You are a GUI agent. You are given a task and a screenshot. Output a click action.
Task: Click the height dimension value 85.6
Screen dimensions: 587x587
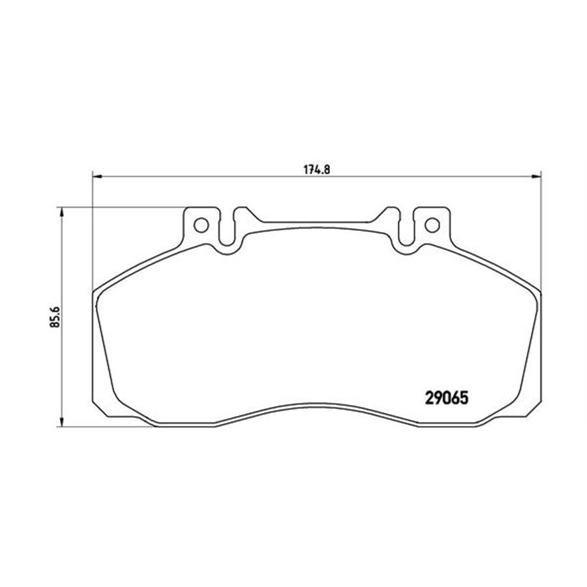click(x=55, y=317)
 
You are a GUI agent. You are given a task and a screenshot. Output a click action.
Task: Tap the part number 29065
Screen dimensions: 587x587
click(x=447, y=398)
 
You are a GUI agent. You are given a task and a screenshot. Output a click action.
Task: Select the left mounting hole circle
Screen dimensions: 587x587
click(x=201, y=225)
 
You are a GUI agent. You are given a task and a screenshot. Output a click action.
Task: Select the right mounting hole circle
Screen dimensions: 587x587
click(x=432, y=225)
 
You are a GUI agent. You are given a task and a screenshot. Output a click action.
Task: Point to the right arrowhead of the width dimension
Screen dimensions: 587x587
click(x=536, y=176)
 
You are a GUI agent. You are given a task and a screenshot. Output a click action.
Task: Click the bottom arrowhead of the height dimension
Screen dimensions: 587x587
click(x=61, y=421)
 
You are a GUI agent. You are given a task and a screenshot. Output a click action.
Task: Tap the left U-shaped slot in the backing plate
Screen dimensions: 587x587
click(x=226, y=234)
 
